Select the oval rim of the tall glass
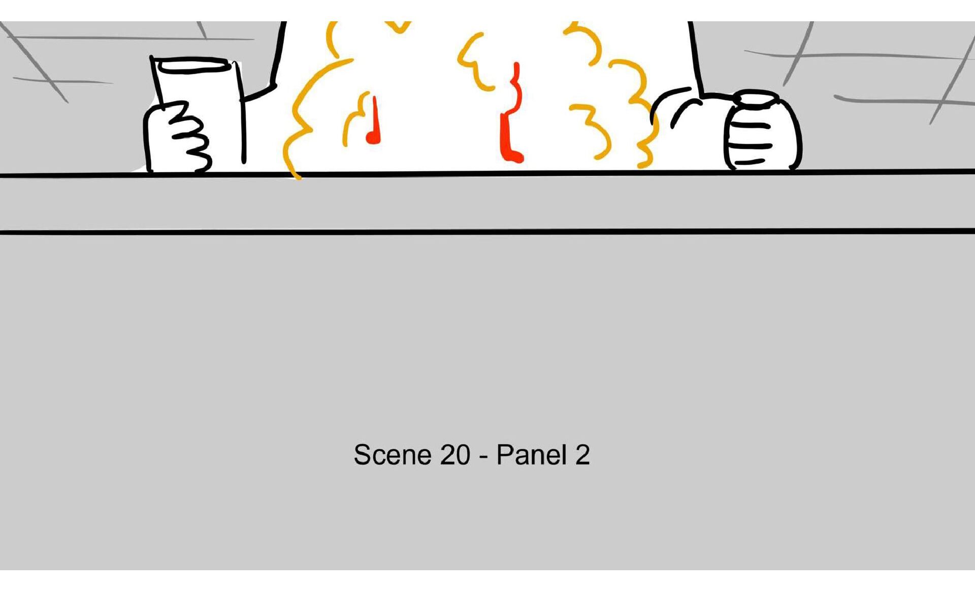click(192, 65)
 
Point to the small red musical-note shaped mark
click(374, 122)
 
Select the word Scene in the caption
click(392, 454)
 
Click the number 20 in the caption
click(455, 454)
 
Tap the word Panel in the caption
click(532, 454)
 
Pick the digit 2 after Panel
click(582, 455)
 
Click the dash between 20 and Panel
click(483, 456)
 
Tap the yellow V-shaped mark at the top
click(399, 27)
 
